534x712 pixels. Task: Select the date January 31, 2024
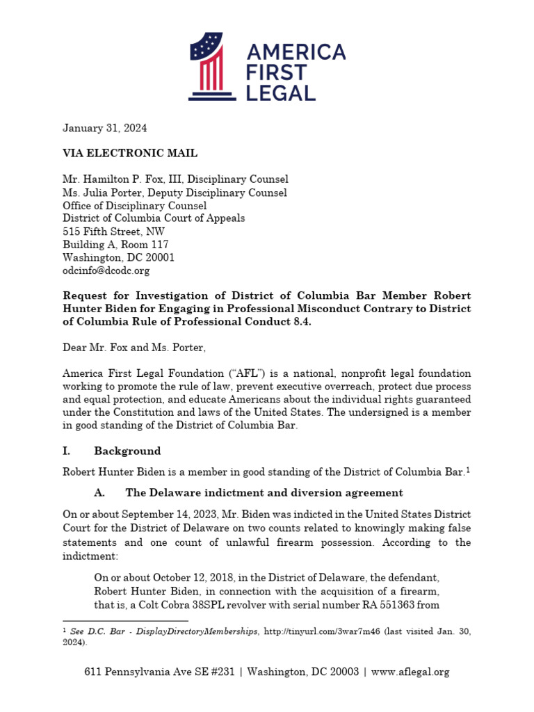tap(105, 128)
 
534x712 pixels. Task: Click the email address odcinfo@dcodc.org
tap(106, 270)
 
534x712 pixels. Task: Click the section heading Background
tap(127, 451)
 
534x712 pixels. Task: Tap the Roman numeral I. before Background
tap(67, 451)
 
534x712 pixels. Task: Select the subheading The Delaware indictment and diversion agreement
tap(264, 492)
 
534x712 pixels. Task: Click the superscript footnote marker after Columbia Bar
tap(468, 470)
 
